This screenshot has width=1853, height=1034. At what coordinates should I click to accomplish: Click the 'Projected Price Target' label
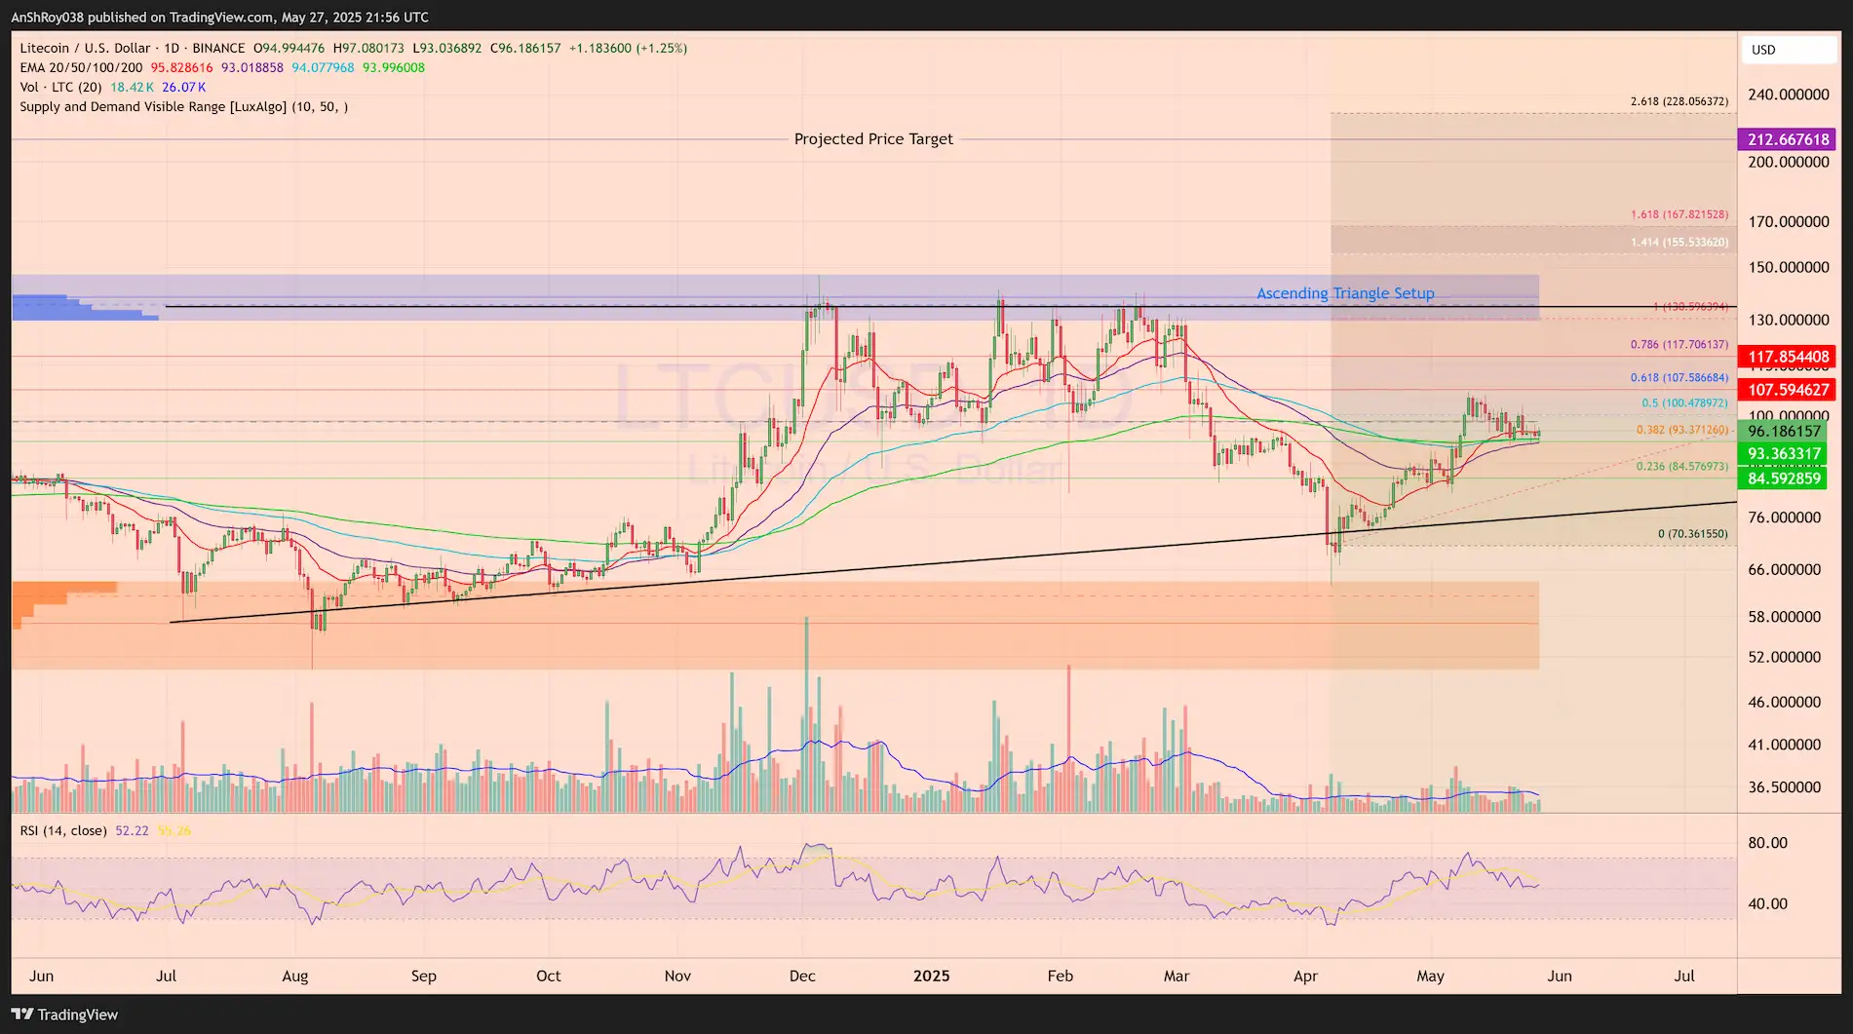[873, 139]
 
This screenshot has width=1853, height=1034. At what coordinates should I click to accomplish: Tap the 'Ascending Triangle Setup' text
[1345, 293]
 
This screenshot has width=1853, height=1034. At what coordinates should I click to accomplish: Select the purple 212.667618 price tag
[1787, 139]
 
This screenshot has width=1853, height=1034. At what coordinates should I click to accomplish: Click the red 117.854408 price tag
[1787, 357]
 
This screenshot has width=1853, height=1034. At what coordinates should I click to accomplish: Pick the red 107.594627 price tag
[1787, 390]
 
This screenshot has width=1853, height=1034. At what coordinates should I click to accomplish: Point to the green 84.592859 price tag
[1783, 479]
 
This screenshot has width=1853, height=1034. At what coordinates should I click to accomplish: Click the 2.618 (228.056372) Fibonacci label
[1679, 101]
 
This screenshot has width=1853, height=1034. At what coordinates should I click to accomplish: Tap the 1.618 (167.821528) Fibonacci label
[1679, 214]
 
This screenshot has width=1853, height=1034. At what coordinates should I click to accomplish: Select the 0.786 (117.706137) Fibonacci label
[1679, 345]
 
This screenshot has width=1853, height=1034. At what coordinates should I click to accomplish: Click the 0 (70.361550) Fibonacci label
[1692, 534]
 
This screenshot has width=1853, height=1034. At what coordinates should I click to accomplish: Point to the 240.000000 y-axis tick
[1788, 95]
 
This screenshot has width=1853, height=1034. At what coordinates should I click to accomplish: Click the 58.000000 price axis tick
[1784, 617]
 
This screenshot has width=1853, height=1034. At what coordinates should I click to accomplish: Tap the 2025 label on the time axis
[931, 976]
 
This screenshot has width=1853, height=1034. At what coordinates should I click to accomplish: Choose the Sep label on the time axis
[423, 976]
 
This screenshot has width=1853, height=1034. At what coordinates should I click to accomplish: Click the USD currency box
[1788, 50]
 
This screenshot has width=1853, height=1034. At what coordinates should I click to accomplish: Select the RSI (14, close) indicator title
[63, 830]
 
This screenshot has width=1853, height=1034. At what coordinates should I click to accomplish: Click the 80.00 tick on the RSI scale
[1767, 843]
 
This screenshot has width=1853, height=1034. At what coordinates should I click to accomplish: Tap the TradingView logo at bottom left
[64, 1015]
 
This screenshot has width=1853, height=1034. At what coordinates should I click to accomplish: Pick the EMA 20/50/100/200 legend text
[81, 67]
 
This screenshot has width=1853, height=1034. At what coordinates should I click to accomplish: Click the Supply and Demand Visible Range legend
[183, 106]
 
